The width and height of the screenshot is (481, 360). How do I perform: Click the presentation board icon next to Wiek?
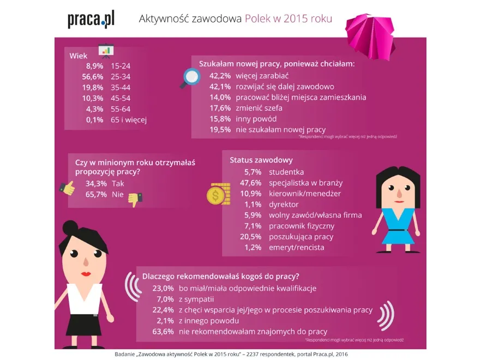105,51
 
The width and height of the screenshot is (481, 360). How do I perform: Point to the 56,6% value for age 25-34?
92,76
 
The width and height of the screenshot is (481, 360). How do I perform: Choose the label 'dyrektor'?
284,204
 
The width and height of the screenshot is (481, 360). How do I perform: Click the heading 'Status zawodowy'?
261,160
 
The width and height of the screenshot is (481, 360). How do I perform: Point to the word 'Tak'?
118,184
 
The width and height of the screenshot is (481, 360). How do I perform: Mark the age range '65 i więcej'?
129,119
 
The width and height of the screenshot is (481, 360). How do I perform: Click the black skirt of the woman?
85,325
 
